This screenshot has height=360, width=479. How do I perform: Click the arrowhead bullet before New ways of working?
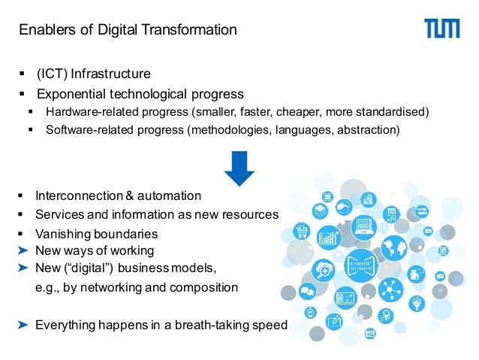23,250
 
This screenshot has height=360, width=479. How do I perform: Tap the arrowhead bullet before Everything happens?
23,325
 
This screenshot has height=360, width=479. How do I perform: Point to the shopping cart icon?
302,231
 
